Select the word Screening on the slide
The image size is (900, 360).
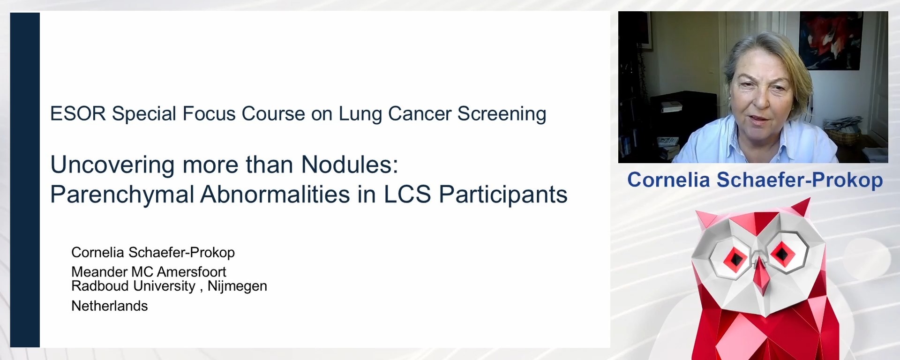502,114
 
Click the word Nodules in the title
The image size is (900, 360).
349,165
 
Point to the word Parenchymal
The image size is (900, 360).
122,195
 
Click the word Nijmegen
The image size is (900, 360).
237,286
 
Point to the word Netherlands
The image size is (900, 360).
109,306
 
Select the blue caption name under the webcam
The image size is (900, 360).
755,180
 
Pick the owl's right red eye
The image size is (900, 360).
782,254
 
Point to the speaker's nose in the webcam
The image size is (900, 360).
763,101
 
